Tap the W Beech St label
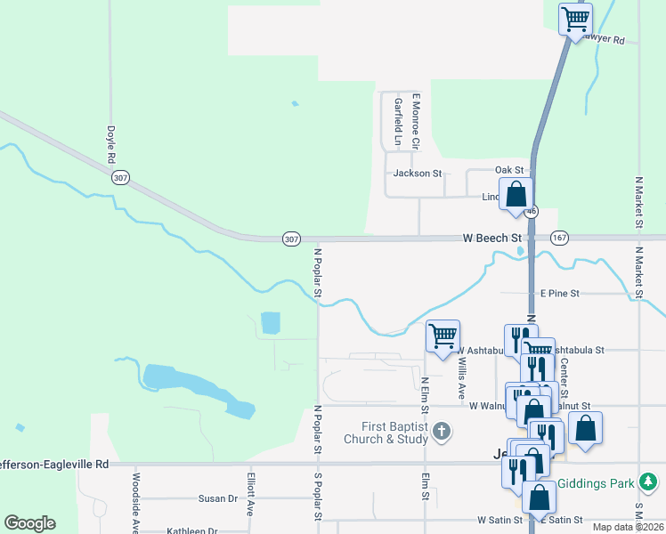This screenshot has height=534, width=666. [491, 239]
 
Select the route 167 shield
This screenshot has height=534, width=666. [559, 239]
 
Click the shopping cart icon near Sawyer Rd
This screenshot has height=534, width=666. [575, 18]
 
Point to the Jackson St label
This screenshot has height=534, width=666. [418, 174]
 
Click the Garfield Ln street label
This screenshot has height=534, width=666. [398, 121]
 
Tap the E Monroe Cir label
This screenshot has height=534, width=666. [415, 121]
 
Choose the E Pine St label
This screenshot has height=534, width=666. [559, 293]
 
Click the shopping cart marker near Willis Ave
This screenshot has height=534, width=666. [443, 336]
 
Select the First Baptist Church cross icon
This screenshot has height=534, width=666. [442, 432]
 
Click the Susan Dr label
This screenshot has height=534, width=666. [218, 499]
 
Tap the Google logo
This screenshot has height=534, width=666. [29, 523]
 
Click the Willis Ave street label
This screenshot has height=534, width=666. [460, 378]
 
